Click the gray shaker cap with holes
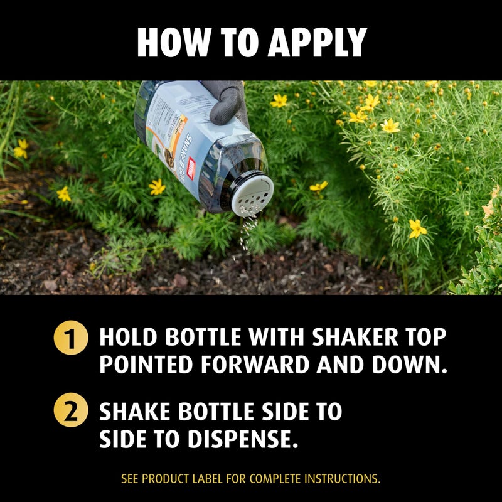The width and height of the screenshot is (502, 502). [x=254, y=195]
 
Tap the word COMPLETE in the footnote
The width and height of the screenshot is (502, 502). [x=275, y=479]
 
